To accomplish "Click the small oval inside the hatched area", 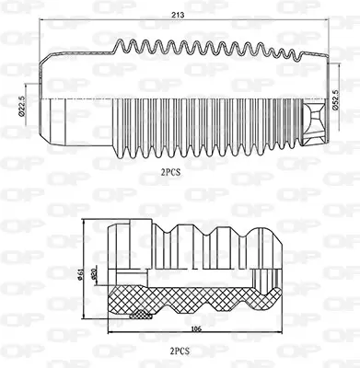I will tap(142, 313).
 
